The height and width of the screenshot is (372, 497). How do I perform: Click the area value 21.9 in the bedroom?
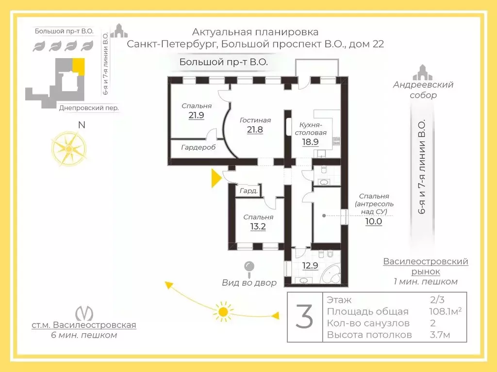[196, 115]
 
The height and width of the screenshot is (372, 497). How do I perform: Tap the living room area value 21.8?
[255, 129]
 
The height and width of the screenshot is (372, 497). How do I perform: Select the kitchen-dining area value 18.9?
[310, 142]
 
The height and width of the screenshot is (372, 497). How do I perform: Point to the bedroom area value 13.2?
[258, 227]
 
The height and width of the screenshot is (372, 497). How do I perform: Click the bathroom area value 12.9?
[310, 265]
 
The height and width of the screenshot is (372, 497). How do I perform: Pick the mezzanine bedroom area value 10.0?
[373, 221]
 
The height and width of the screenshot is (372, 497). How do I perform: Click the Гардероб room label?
[198, 147]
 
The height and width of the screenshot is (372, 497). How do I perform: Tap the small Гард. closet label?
[249, 191]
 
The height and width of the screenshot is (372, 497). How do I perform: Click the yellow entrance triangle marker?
[216, 178]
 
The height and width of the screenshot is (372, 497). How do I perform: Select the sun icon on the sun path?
[223, 311]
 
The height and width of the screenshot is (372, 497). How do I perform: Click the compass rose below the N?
[69, 149]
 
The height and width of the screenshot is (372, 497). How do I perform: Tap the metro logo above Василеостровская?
[84, 313]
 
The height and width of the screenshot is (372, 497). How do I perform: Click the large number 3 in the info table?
[304, 317]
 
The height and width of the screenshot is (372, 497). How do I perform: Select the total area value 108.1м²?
[445, 311]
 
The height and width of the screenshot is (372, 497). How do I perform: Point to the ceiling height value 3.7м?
[440, 335]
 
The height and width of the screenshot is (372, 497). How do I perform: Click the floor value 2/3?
[437, 299]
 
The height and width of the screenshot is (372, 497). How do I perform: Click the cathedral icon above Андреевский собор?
[423, 73]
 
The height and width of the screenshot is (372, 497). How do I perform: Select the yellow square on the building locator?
[78, 66]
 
